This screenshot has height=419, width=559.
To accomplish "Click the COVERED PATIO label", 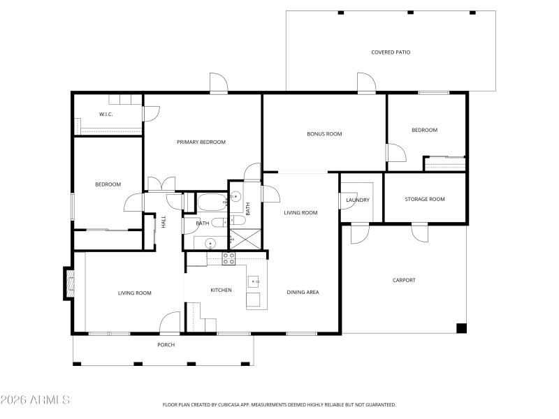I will pos(391,52).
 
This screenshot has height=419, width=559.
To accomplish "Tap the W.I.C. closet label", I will pos(106,114).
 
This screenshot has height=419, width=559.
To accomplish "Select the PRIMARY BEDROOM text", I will pos(201,142).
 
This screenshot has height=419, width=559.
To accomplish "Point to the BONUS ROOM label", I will pos(324,133).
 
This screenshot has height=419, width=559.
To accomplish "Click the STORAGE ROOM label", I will pos(425,199).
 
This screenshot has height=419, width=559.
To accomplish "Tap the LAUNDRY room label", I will pos(358,200).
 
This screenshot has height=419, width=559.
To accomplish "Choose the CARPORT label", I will pos(404,280).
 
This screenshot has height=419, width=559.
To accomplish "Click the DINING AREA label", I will pos(303,292).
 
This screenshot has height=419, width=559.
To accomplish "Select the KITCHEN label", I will pos(222,290).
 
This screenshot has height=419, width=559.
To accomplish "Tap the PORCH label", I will pos(166,345).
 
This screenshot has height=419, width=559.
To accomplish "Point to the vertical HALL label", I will pos(164,221).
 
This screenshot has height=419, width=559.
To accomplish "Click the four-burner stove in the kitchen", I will pos(228,258).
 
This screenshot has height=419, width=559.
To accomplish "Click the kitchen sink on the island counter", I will pos(254,281).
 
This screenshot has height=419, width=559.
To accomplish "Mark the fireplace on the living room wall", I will pos(68,282).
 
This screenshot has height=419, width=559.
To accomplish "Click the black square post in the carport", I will pos(461,328).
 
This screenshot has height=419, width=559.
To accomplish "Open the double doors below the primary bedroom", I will pos(161,184).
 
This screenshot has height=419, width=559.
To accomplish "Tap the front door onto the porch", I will pos(170,323).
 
